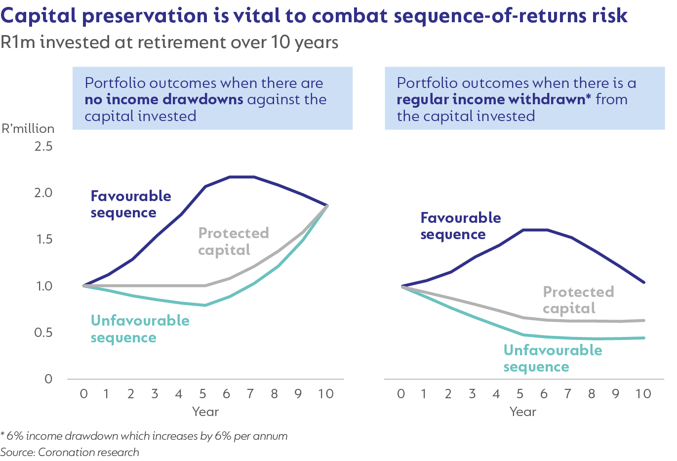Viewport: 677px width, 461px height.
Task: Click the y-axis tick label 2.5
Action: point(43,146)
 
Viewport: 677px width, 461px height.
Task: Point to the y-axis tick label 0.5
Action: point(43,333)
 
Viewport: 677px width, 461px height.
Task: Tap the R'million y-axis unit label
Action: point(28,128)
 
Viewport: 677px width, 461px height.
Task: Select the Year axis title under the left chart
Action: point(205,412)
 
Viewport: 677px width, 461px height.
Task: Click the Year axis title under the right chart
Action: point(523,412)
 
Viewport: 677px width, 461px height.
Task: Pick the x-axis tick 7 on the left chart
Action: point(250,394)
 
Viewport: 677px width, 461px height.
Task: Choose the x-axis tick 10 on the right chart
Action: point(643,394)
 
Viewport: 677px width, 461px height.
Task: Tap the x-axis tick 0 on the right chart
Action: point(401,394)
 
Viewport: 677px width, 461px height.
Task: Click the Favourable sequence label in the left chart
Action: point(131,204)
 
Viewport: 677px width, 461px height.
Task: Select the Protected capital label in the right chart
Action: point(578,300)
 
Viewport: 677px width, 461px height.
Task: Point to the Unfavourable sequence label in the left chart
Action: point(140,329)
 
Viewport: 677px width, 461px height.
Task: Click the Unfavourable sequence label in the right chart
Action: point(553,358)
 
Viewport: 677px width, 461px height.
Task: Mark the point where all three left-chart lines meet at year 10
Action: point(326,206)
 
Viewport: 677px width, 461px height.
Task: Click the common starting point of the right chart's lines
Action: point(403,286)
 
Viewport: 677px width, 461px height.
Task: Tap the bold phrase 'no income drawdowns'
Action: point(164,99)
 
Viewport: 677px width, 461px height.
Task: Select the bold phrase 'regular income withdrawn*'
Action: point(494,99)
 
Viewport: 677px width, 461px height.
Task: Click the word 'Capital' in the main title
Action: point(39,16)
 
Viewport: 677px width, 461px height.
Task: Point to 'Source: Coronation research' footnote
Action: point(70,452)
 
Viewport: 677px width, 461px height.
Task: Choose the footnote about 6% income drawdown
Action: point(144,436)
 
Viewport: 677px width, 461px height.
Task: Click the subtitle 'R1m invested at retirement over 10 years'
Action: point(169,42)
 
